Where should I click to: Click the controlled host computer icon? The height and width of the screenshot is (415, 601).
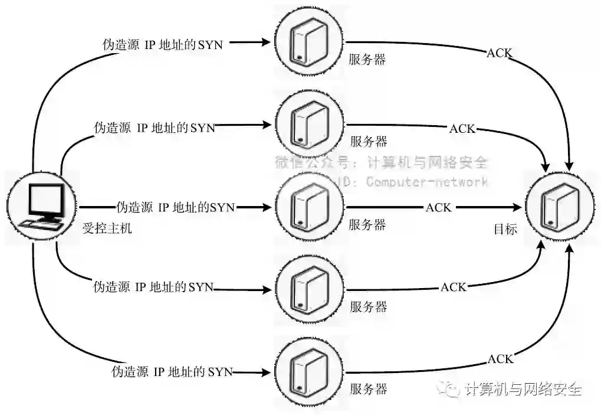click(42, 207)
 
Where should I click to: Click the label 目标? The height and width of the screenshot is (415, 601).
click(505, 229)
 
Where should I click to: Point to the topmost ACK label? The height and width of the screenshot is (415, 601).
click(499, 53)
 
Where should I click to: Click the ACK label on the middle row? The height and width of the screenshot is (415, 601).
click(438, 207)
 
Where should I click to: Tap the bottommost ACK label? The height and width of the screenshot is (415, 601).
click(500, 359)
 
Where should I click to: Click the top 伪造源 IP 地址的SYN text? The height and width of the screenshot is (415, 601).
click(162, 44)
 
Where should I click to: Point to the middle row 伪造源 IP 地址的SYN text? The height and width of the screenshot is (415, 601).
click(176, 207)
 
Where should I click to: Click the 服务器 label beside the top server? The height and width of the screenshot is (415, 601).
click(367, 60)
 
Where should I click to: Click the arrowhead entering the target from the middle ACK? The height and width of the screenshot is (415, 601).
click(519, 207)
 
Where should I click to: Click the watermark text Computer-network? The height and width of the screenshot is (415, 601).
click(427, 181)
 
